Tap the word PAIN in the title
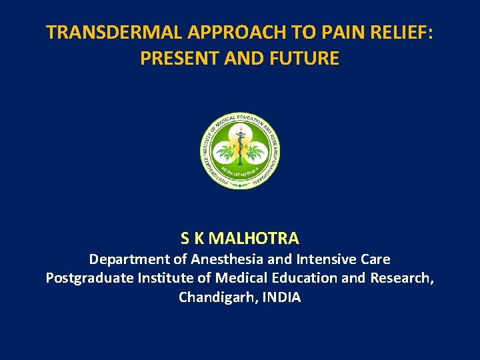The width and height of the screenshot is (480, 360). pos(313,33)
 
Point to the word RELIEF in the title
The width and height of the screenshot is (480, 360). pos(383,33)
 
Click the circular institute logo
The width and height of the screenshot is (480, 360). pos(240,149)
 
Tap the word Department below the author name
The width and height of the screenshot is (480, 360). pos(130,259)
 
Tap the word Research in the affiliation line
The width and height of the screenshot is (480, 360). pos(402,278)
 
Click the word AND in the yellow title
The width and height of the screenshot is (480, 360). pos(244,59)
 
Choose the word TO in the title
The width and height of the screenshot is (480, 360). pos(276,33)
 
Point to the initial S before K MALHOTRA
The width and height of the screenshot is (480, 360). pos(185,238)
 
